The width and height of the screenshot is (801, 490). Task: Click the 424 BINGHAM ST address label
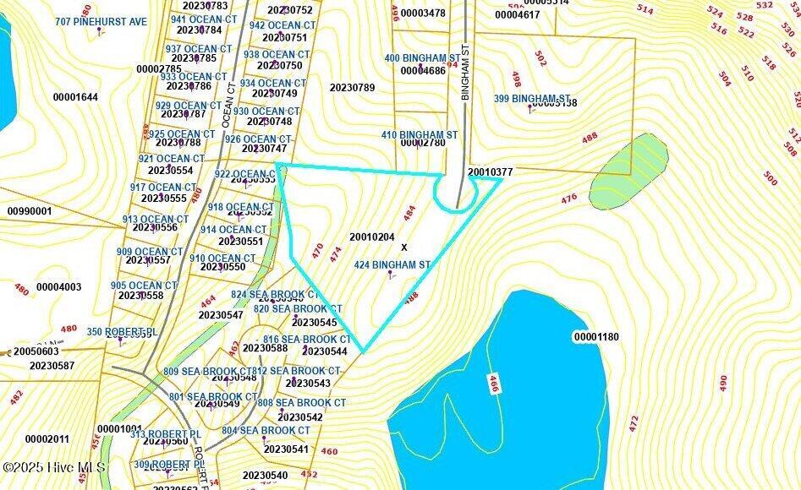tap(392, 265)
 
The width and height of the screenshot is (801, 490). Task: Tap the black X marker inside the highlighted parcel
tap(403, 248)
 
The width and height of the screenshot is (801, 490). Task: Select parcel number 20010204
tap(372, 237)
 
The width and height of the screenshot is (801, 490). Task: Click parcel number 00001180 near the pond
tap(596, 337)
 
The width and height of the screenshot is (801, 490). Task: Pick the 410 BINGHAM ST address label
tap(420, 135)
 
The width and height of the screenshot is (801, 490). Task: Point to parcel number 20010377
tap(491, 172)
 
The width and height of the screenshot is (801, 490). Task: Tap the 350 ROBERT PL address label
tap(122, 333)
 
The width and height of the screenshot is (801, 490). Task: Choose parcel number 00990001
tap(30, 211)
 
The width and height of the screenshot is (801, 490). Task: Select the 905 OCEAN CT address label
tap(144, 286)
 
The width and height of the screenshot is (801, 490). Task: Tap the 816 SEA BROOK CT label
tap(306, 340)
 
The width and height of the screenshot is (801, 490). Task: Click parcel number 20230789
tap(352, 88)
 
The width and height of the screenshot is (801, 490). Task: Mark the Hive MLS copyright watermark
tap(54, 466)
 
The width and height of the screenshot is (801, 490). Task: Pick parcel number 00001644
tap(75, 97)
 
